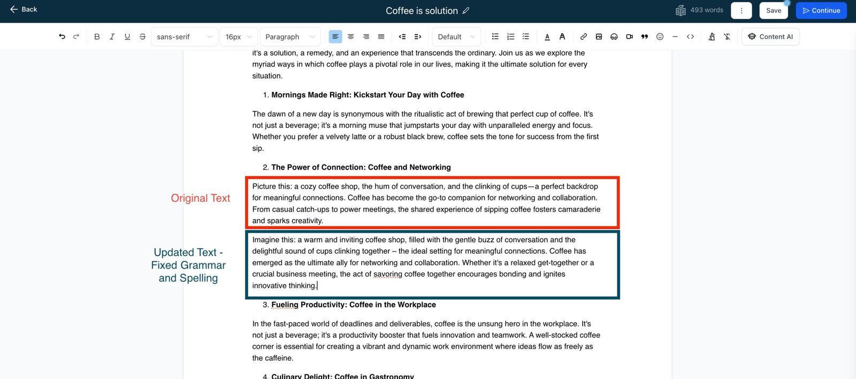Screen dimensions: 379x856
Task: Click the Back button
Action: pyautogui.click(x=24, y=10)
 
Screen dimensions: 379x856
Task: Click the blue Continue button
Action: pyautogui.click(x=821, y=11)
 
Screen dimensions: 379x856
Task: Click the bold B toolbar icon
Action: pyautogui.click(x=97, y=37)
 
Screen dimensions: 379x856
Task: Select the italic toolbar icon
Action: pyautogui.click(x=112, y=37)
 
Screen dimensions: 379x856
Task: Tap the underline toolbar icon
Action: pyautogui.click(x=127, y=37)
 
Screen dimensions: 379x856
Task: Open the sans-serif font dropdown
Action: pyautogui.click(x=184, y=37)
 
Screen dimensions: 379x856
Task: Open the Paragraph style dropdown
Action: pyautogui.click(x=289, y=37)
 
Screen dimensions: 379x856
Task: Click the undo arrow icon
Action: pyautogui.click(x=62, y=37)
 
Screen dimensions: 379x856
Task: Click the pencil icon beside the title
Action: pyautogui.click(x=466, y=11)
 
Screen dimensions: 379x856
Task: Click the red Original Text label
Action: pyautogui.click(x=201, y=199)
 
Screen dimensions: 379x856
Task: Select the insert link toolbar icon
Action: pyautogui.click(x=584, y=37)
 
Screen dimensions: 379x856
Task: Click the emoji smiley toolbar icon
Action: pyautogui.click(x=660, y=37)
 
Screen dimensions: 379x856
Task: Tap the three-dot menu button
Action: pyautogui.click(x=741, y=11)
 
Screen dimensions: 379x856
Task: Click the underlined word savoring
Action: pyautogui.click(x=388, y=274)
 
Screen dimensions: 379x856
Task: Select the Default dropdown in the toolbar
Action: pyautogui.click(x=456, y=37)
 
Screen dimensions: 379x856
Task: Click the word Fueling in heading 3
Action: pyautogui.click(x=285, y=305)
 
